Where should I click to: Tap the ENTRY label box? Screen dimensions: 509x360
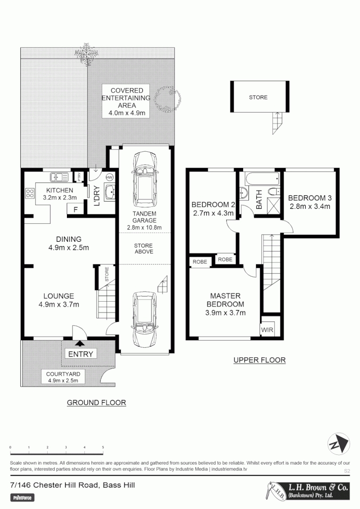tap(81, 354)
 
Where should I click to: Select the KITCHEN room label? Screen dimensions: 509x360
tap(59, 190)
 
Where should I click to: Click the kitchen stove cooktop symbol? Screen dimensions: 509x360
tap(30, 193)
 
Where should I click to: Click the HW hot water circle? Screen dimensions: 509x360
tap(110, 177)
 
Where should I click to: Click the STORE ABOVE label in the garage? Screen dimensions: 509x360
tap(143, 248)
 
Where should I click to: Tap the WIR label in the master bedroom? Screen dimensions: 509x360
tap(267, 330)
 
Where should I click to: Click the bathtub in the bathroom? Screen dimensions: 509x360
tap(261, 179)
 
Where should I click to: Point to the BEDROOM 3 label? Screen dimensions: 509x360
tap(310, 202)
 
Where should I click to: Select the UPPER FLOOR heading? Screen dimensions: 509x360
tap(260, 360)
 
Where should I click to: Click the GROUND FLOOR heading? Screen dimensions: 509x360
tap(96, 402)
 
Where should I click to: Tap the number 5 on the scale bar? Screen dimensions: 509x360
tap(103, 447)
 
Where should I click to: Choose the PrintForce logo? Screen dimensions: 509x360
tap(23, 497)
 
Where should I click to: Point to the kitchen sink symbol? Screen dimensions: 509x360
tap(59, 177)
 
